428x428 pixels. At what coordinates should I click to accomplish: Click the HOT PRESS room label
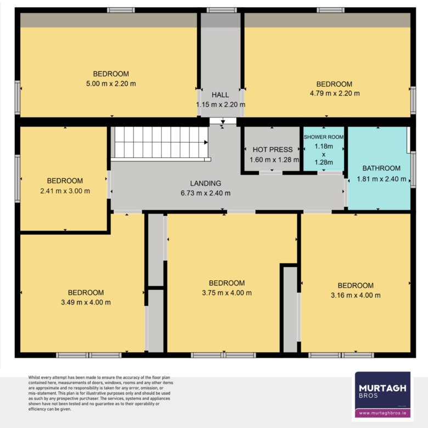click(272, 150)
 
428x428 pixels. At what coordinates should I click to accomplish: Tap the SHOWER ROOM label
click(324, 137)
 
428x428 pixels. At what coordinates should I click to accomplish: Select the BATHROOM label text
click(381, 168)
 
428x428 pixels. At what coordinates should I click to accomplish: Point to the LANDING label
click(206, 183)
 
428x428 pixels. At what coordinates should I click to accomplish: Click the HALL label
click(220, 95)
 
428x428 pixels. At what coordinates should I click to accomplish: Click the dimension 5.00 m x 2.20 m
click(111, 83)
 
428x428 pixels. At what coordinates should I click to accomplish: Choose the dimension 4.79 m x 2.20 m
click(335, 93)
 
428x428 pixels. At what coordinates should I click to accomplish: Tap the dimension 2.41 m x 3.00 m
click(65, 191)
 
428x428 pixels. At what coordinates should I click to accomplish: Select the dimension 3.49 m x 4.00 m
click(86, 302)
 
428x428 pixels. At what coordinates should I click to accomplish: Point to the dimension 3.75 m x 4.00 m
click(227, 293)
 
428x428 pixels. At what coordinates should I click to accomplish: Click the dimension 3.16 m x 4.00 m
click(356, 295)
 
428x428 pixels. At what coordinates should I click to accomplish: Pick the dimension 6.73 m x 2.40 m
click(206, 193)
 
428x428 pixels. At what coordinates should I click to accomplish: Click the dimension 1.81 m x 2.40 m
click(381, 179)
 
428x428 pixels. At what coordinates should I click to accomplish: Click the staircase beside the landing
click(161, 144)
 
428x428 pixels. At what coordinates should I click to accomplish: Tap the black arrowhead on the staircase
click(206, 142)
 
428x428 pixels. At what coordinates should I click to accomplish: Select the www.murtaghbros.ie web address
click(382, 413)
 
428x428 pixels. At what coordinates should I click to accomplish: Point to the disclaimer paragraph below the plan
click(101, 393)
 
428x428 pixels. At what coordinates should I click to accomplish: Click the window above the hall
click(222, 10)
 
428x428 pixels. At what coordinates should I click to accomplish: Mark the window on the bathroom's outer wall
click(413, 170)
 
